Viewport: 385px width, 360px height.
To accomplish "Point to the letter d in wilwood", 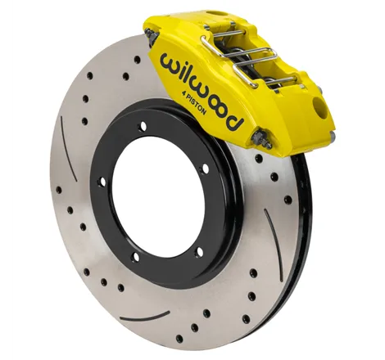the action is click(233, 120).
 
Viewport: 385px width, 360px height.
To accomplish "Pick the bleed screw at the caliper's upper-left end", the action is click(151, 35).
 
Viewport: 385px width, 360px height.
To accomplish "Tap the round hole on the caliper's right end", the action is click(319, 107).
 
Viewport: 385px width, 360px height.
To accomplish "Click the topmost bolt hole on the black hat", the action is click(143, 126).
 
